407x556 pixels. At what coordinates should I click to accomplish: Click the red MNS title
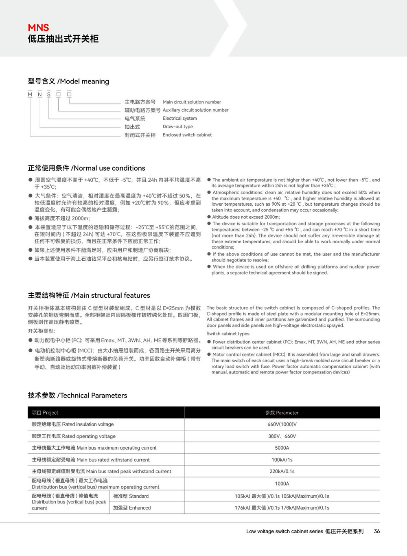click(x=38, y=28)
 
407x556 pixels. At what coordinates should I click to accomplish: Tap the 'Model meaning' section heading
click(x=68, y=81)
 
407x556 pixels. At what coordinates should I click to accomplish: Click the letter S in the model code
click(x=49, y=94)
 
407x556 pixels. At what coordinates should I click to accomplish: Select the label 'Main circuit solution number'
click(x=192, y=102)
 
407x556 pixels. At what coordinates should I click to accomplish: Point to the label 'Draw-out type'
click(x=178, y=127)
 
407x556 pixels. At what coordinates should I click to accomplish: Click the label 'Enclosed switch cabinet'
click(x=187, y=135)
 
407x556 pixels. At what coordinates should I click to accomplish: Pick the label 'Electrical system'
click(x=179, y=119)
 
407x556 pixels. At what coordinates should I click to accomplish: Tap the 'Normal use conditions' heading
click(x=86, y=168)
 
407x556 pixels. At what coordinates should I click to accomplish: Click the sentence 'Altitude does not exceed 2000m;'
click(x=246, y=217)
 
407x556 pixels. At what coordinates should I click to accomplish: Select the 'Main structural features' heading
click(x=89, y=295)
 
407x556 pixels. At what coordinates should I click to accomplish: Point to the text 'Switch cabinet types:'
click(x=228, y=334)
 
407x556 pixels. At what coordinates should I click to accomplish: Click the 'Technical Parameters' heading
click(x=77, y=396)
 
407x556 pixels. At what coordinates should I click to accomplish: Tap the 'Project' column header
click(x=45, y=413)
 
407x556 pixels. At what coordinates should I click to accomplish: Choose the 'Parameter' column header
click(x=282, y=413)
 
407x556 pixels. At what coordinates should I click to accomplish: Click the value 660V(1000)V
click(x=282, y=424)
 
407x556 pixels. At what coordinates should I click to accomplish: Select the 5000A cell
click(x=282, y=448)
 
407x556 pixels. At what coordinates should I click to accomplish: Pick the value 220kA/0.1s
click(x=282, y=472)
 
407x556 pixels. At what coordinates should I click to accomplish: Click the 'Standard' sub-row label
click(x=131, y=497)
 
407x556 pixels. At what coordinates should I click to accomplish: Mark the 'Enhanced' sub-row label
click(x=132, y=508)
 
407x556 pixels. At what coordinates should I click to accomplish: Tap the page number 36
click(x=377, y=531)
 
